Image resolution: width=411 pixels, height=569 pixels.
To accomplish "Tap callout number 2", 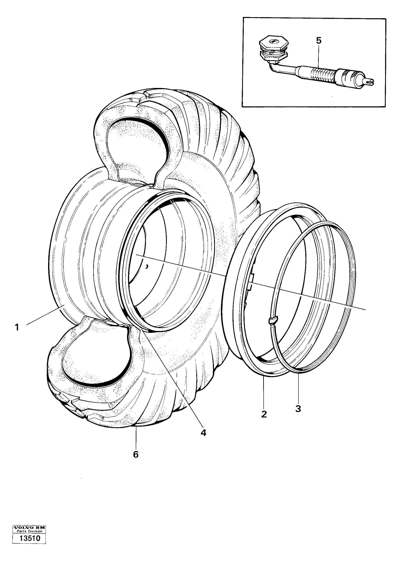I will click(264, 414).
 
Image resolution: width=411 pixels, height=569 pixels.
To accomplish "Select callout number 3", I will click(298, 408).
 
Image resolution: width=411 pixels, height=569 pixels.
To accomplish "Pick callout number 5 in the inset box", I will click(319, 41).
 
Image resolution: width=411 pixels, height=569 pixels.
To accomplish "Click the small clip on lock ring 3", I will click(273, 320).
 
